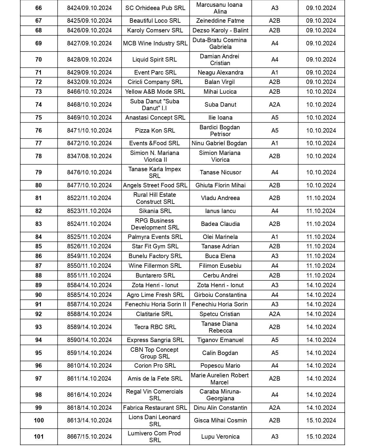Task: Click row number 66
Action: (x=39, y=8)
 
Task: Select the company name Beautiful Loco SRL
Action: (x=155, y=21)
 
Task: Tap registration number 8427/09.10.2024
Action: (x=89, y=43)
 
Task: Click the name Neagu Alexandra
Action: (x=220, y=72)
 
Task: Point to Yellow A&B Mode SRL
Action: (x=155, y=92)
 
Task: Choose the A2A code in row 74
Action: (x=275, y=105)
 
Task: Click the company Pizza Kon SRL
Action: (x=155, y=131)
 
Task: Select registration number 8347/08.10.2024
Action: (x=89, y=156)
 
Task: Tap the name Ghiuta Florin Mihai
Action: (x=220, y=185)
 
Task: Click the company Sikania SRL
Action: (x=155, y=211)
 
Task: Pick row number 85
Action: (x=39, y=246)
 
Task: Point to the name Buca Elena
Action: (x=220, y=256)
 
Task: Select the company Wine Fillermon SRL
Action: (x=155, y=266)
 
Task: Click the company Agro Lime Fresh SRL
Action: (x=155, y=295)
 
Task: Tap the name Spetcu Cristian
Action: (x=220, y=314)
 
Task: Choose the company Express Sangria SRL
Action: (x=155, y=340)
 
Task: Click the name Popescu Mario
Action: (x=220, y=366)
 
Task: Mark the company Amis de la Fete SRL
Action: (x=155, y=379)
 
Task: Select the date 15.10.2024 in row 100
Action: (x=321, y=420)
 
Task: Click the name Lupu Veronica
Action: (x=220, y=437)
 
